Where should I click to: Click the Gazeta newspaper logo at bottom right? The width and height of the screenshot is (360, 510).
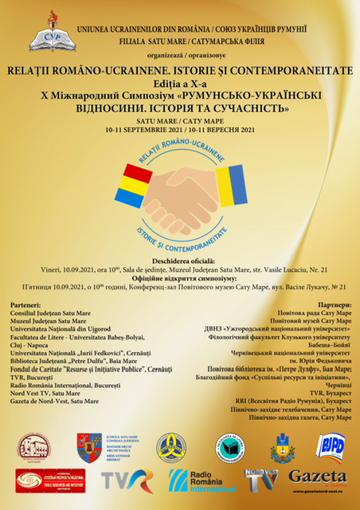(x=318, y=479)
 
